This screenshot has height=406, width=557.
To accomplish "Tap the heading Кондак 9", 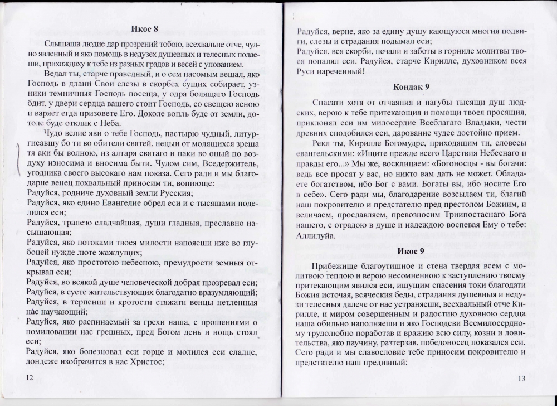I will tap(411, 87).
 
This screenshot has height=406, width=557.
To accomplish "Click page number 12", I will tap(30, 378).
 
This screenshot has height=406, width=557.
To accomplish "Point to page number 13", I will tap(521, 379).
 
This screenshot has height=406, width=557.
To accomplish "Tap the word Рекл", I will tap(324, 144).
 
